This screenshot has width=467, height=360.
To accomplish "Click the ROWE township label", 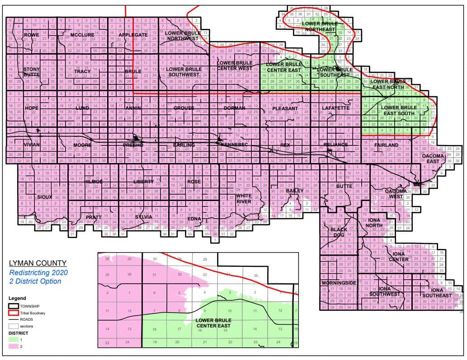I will click(x=32, y=35).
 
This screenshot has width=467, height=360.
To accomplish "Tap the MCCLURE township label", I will click(x=82, y=35).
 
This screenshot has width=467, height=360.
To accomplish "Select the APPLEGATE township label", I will click(x=133, y=35).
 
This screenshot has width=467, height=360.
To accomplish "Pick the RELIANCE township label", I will click(x=336, y=145).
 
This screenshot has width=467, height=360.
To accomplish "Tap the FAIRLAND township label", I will click(x=386, y=145).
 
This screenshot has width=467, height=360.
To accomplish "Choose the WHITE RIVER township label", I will click(x=244, y=199).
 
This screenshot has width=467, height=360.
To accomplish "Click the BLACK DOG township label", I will click(x=339, y=232).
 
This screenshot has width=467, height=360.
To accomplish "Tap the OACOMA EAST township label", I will click(x=434, y=159).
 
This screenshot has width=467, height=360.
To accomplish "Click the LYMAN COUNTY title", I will click(x=38, y=263).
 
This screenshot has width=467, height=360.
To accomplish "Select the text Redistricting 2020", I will click(x=38, y=272).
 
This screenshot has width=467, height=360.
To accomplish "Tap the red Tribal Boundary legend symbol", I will click(x=15, y=312).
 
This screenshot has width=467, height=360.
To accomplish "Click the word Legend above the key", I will click(x=17, y=298).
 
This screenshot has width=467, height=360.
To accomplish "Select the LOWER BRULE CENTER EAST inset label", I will click(x=213, y=323).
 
